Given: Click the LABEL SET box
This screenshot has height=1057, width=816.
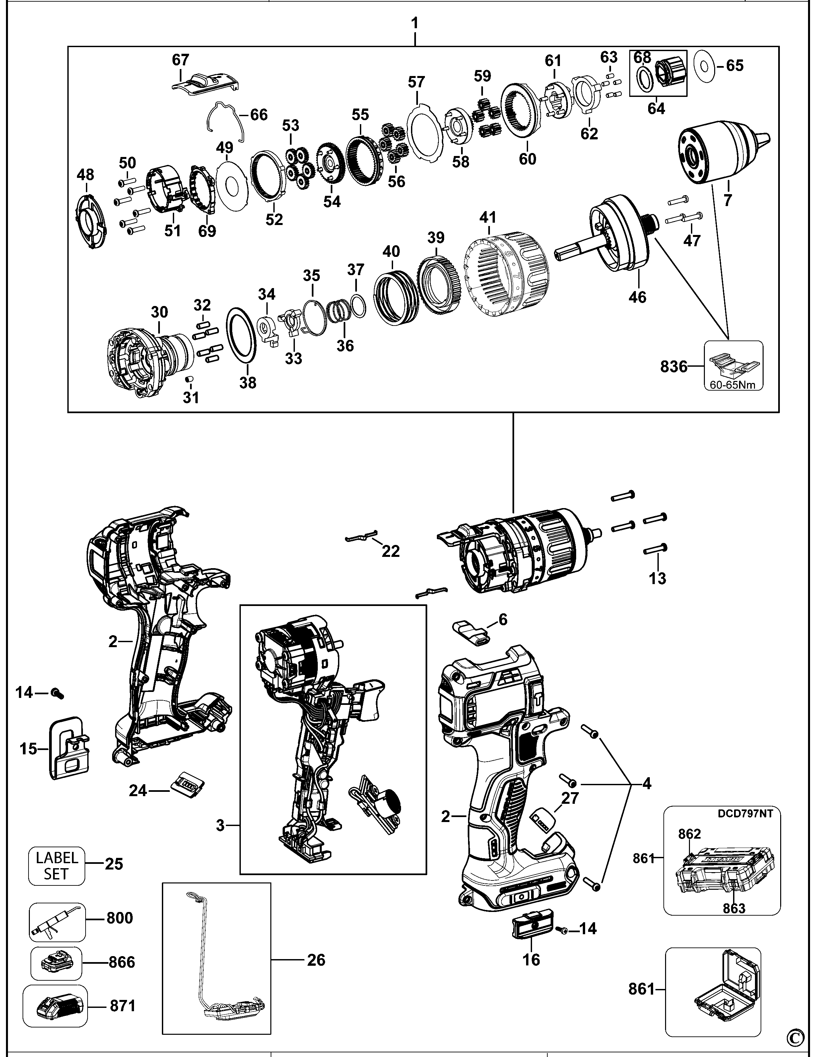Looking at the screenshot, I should [x=57, y=866].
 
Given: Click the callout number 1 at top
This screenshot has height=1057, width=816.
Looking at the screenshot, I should [x=415, y=23].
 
